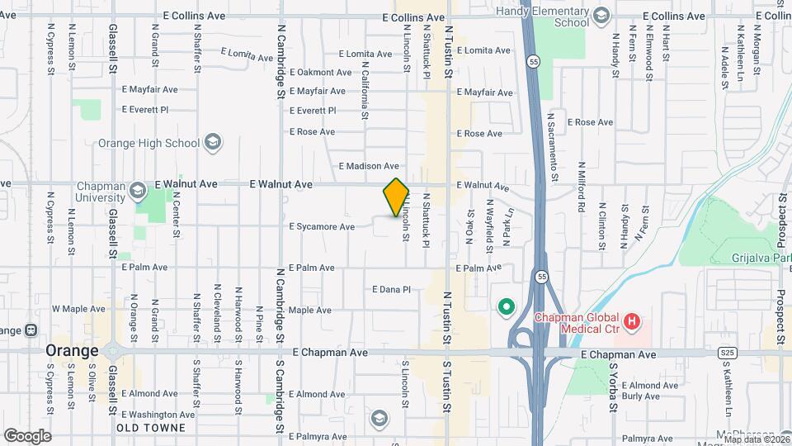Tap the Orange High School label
[148, 143]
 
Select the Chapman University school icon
[136, 193]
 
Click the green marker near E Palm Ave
[505, 309]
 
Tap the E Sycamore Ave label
[322, 226]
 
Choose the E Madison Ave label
[370, 166]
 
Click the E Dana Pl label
[391, 289]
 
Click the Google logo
[28, 435]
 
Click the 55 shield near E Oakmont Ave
[535, 62]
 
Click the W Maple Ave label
[78, 309]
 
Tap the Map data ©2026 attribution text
[755, 439]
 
